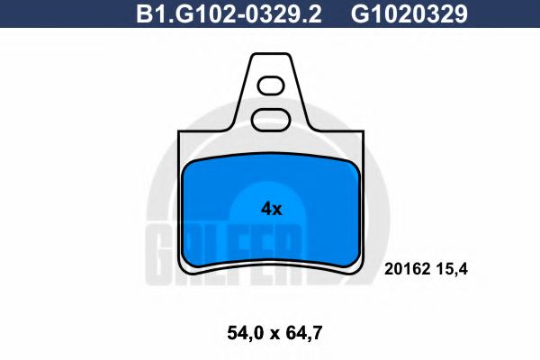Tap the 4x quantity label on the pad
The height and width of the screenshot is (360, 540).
click(271, 209)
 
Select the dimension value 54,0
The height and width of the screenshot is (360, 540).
click(234, 333)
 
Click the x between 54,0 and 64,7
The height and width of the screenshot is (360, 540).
click(268, 334)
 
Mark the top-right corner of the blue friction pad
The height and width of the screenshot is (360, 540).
click(354, 167)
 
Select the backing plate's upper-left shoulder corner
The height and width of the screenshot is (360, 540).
click(181, 132)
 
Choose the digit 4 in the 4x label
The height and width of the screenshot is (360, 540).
click(265, 209)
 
